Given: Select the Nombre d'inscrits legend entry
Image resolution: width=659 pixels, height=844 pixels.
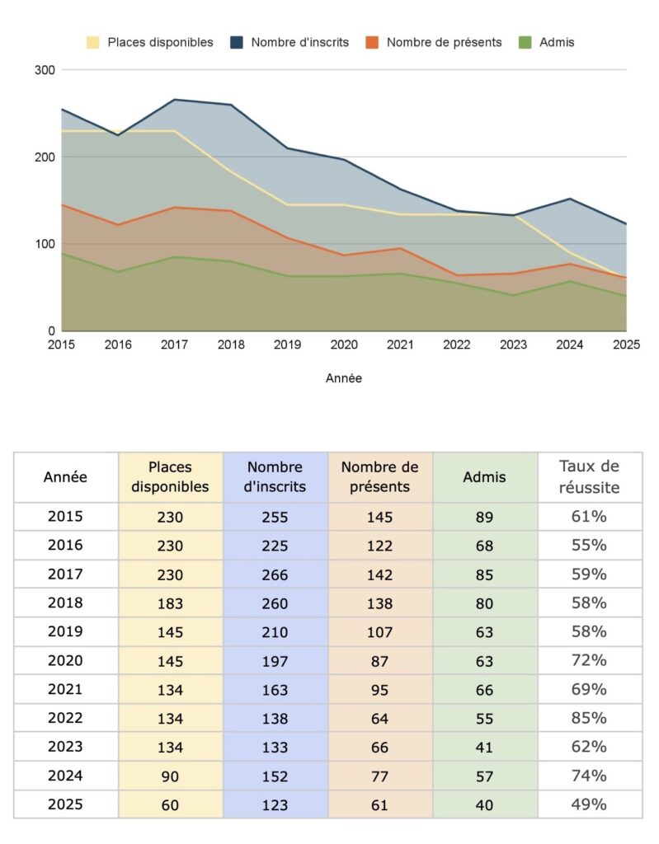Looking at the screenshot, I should coord(290,42).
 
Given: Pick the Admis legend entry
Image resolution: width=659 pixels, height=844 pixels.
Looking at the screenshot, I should coord(546,42).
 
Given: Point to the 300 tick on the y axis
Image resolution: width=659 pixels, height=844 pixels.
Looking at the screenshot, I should coord(45,70).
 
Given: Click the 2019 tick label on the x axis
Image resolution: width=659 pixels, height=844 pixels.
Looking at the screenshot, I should coord(287,345).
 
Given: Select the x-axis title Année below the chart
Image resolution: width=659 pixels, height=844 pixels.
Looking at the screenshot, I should coord(343,378).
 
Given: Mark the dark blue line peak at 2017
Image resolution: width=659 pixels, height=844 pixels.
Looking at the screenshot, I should coord(174,100).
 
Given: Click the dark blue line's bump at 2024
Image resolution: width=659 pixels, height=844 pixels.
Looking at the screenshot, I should coord(570,199).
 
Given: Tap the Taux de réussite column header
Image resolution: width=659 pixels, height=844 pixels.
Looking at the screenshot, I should coord(589,476).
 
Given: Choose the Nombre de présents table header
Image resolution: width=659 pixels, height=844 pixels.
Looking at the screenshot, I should coord(379,476).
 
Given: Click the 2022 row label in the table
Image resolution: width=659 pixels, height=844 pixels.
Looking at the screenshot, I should coord(65,718).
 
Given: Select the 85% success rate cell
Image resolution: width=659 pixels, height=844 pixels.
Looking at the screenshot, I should coord(589,718).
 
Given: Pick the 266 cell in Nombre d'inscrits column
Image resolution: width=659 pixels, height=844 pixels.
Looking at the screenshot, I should coord(275,574).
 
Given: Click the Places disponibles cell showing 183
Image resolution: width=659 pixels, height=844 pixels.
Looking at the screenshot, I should coord(170,603).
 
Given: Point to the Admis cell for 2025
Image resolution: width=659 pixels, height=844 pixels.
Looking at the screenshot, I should coord(484,804).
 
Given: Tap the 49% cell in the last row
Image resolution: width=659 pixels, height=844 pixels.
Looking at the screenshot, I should coord(589,804).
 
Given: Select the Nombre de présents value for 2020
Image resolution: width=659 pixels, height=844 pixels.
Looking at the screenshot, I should coord(379,660).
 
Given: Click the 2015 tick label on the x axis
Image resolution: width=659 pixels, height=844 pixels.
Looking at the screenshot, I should coord(62,345).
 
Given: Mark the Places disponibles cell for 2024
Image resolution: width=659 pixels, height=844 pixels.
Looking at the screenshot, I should coord(170,776).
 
